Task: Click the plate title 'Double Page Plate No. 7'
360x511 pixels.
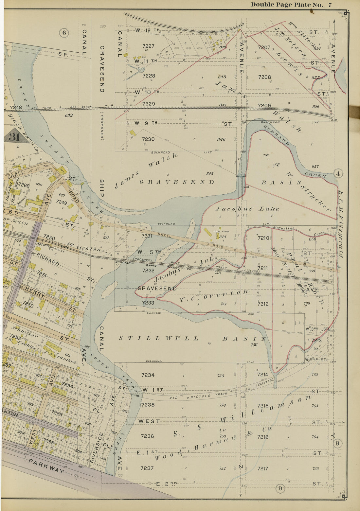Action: click(x=291, y=5)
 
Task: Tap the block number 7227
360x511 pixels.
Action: click(x=148, y=46)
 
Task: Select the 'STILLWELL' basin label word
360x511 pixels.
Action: click(x=159, y=338)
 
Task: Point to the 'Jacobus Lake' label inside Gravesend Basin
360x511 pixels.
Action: click(x=247, y=209)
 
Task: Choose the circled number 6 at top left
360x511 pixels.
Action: click(x=64, y=32)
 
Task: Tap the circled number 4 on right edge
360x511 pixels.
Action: click(x=338, y=174)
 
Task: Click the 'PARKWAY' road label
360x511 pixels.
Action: click(x=46, y=466)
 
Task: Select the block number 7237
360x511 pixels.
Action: click(x=147, y=468)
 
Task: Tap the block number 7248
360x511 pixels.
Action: click(x=16, y=107)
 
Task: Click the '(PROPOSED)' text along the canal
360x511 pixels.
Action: click(x=101, y=126)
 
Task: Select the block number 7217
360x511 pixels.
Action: click(x=262, y=468)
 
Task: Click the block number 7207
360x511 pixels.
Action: click(x=264, y=47)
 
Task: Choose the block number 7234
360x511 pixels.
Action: click(x=148, y=375)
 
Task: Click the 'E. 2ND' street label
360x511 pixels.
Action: click(x=166, y=484)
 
